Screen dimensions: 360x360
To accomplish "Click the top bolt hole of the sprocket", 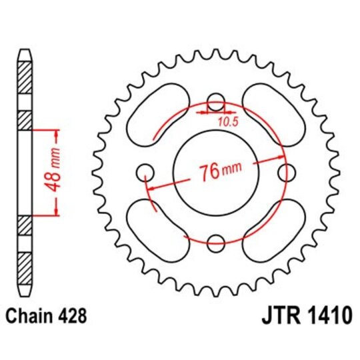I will pyautogui.click(x=215, y=102).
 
